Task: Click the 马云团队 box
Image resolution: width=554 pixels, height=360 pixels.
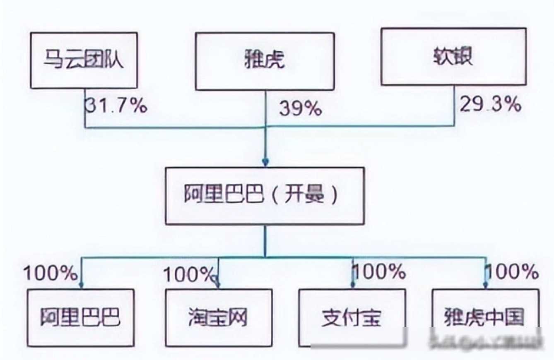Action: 84,60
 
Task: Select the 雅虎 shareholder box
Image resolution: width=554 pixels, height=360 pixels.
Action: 265,61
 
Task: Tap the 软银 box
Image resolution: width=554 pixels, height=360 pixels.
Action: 453,57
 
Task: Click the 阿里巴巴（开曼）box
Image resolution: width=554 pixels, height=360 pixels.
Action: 265,196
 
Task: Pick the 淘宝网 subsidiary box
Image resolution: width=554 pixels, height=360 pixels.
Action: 219,317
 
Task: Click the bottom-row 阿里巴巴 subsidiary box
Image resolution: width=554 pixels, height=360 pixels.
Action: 81,317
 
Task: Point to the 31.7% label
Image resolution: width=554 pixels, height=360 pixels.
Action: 116,106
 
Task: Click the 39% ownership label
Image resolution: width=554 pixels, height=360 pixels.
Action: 300,109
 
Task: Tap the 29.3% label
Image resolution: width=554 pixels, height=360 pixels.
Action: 490,105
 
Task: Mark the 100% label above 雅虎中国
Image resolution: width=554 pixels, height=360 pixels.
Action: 512,272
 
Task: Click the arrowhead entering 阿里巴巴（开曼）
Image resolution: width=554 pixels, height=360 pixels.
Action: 265,162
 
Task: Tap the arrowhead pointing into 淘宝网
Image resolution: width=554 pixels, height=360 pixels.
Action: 218,285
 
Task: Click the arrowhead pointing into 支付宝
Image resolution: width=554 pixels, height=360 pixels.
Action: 352,285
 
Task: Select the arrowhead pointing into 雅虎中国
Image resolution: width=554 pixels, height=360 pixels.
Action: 486,285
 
